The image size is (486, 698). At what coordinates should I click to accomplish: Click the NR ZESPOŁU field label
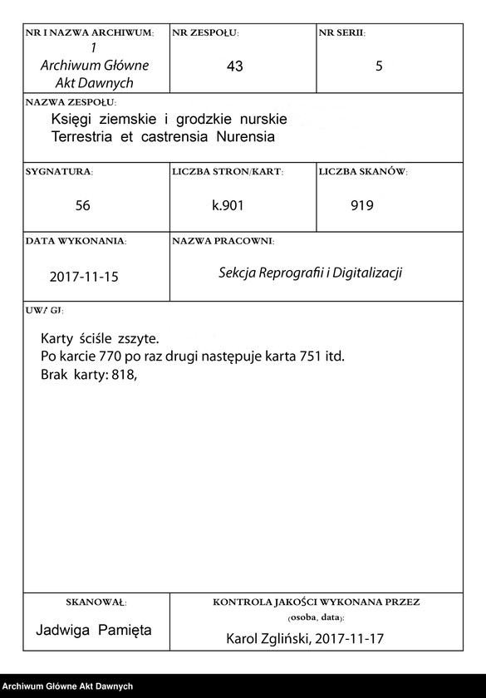pyautogui.click(x=204, y=32)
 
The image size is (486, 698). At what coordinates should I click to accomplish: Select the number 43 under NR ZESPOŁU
pyautogui.click(x=234, y=66)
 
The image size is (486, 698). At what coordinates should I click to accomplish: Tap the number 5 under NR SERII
pyautogui.click(x=379, y=66)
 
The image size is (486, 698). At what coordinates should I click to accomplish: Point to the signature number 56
pyautogui.click(x=82, y=205)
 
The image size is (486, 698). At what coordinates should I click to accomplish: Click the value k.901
pyautogui.click(x=228, y=205)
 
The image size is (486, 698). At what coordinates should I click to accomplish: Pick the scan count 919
pyautogui.click(x=362, y=205)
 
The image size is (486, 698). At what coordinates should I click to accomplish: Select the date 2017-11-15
pyautogui.click(x=84, y=277)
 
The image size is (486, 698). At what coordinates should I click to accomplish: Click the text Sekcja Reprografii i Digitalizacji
pyautogui.click(x=310, y=273)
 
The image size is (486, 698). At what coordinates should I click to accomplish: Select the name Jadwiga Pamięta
pyautogui.click(x=94, y=630)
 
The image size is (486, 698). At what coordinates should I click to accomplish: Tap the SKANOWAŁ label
pyautogui.click(x=96, y=601)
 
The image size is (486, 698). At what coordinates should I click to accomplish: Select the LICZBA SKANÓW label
pyautogui.click(x=362, y=171)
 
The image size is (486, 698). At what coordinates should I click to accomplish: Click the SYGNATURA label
pyautogui.click(x=59, y=171)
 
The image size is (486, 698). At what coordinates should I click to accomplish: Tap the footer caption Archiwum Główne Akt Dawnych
pyautogui.click(x=67, y=686)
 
